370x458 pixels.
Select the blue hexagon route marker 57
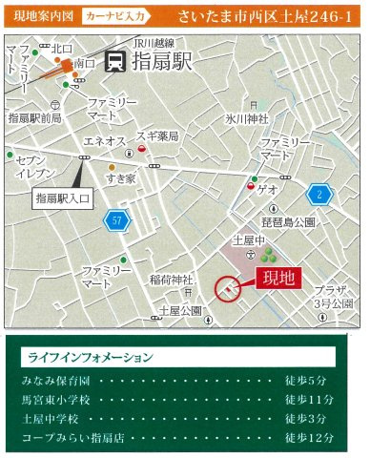(x=116, y=220)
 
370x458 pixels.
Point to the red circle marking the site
(x=230, y=289)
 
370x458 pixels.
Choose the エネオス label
(x=106, y=141)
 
